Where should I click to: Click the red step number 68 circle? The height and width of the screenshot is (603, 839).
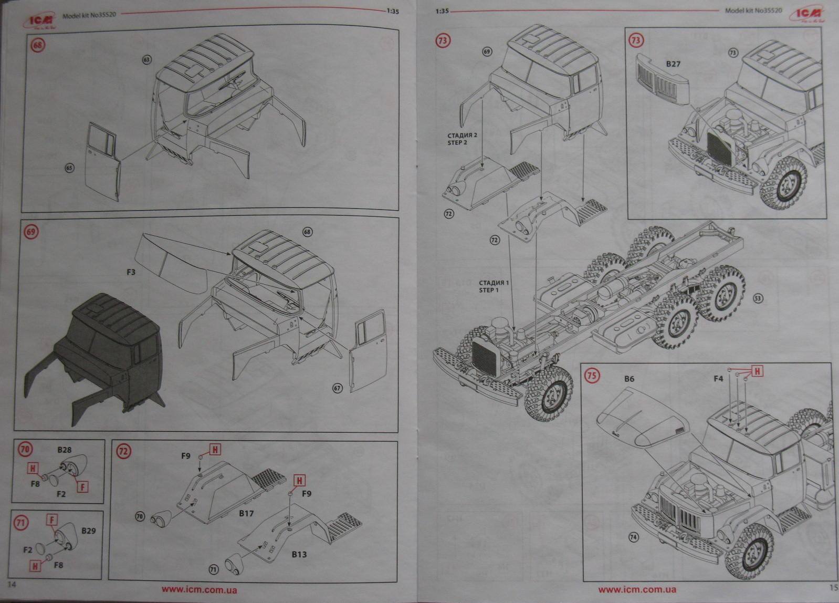[x=38, y=45]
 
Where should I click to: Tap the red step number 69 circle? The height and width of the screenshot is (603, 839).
[x=32, y=232]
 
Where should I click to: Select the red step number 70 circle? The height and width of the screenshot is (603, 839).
[x=25, y=449]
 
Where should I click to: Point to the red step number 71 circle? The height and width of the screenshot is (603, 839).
[x=21, y=523]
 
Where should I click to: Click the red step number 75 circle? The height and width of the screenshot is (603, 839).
[x=592, y=376]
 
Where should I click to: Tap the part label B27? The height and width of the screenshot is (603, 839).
[x=673, y=64]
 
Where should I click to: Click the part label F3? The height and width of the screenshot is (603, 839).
[x=131, y=272]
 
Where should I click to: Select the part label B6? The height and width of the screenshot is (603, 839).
[x=629, y=379]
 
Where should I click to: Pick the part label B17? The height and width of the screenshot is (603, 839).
[x=246, y=513]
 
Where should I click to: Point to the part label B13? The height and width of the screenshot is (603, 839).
[x=299, y=554]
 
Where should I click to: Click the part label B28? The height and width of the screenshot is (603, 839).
[x=64, y=450]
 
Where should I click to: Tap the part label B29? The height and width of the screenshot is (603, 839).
[x=89, y=531]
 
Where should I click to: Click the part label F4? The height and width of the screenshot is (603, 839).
[x=718, y=378]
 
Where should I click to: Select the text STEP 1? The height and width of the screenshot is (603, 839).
[x=488, y=290]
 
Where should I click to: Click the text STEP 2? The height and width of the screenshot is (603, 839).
[x=457, y=142]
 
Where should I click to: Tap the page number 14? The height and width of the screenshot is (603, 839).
[x=13, y=585]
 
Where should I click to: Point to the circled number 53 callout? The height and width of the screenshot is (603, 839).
[x=758, y=298]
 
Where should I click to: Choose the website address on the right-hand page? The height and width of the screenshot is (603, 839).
[x=637, y=590]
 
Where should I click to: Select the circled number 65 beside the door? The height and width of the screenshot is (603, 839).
[x=69, y=168]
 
